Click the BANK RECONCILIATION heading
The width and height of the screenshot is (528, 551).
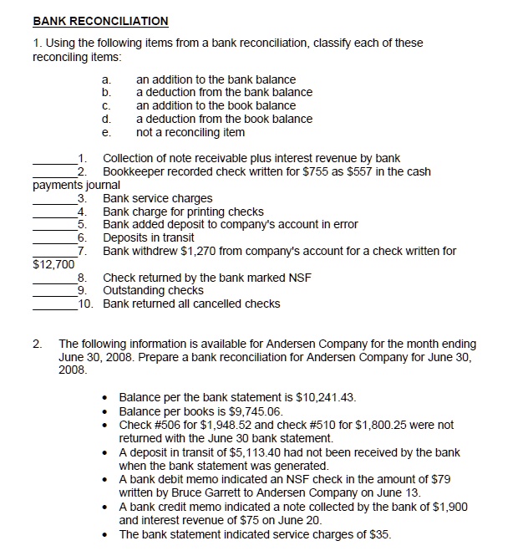[x=100, y=21]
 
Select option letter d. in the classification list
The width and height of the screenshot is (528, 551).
[x=106, y=119]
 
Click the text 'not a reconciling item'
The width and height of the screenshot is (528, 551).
[x=190, y=132]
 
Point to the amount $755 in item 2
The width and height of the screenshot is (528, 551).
[x=330, y=172]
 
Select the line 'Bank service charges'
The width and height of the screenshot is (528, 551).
[x=157, y=198]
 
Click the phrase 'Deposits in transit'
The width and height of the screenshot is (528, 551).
[x=149, y=238]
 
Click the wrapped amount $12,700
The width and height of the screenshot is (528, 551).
[x=50, y=264]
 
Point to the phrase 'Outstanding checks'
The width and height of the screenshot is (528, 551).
[x=153, y=290]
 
